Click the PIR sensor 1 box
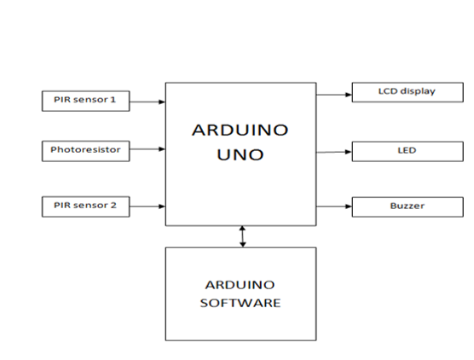pos(86,101)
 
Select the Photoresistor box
pos(86,151)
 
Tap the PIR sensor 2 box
pos(86,206)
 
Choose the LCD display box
pos(408,92)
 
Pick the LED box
pos(408,152)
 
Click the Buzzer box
pos(408,207)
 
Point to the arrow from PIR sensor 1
pos(147,102)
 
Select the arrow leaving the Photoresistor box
pos(147,148)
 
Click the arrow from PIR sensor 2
pos(147,206)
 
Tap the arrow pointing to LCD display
pos(334,95)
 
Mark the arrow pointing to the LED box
pos(334,152)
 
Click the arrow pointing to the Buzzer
pos(334,206)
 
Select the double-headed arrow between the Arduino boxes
pos(242,236)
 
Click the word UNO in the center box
pos(240,155)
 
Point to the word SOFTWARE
pos(240,303)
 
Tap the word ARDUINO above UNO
pos(240,130)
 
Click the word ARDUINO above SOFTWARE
pos(240,285)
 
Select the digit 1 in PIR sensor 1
pos(113,100)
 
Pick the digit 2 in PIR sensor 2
pos(113,205)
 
